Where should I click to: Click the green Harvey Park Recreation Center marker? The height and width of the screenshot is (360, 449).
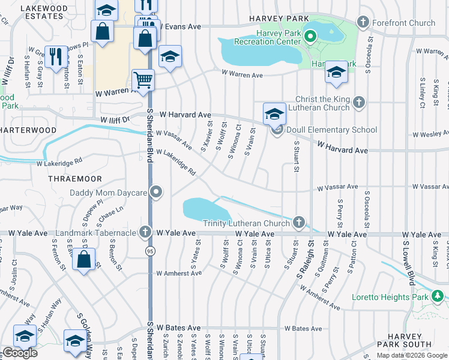310,37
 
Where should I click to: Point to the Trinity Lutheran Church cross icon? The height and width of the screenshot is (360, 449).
299,223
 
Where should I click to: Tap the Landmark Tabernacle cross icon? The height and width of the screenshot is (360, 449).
145,232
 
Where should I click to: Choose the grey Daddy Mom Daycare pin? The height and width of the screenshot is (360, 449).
156,193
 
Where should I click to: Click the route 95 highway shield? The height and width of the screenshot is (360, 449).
150,251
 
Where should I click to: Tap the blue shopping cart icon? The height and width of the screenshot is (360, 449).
143,79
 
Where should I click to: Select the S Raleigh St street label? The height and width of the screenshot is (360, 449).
304,259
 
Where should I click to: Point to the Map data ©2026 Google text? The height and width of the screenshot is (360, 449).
412,355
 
